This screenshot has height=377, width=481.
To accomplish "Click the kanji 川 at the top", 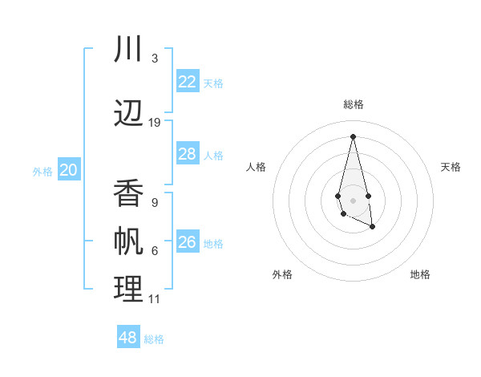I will pyautogui.click(x=128, y=49).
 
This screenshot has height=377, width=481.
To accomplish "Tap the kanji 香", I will pyautogui.click(x=128, y=193).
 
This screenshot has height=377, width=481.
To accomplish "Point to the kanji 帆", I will pyautogui.click(x=128, y=241).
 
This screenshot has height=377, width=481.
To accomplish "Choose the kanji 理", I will pyautogui.click(x=128, y=290).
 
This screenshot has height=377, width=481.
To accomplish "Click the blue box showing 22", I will pyautogui.click(x=188, y=82).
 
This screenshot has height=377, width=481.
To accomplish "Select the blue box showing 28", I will pyautogui.click(x=188, y=154).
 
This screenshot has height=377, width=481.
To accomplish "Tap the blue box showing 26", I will pyautogui.click(x=188, y=242).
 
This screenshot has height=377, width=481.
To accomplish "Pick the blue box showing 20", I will pyautogui.click(x=69, y=170).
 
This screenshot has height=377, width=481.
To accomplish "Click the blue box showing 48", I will pyautogui.click(x=128, y=338).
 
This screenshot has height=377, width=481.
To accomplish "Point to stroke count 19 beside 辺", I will pyautogui.click(x=155, y=123).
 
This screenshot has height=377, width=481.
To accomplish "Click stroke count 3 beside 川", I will pyautogui.click(x=155, y=59).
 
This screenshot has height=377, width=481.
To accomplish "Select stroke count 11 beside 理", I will pyautogui.click(x=155, y=299).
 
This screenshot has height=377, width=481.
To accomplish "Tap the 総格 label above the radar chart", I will pyautogui.click(x=354, y=104).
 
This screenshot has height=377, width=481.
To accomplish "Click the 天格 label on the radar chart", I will pyautogui.click(x=451, y=167).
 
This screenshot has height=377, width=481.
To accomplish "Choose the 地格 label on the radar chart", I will pyautogui.click(x=420, y=274).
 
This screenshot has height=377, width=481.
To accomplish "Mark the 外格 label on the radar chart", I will pyautogui.click(x=282, y=274).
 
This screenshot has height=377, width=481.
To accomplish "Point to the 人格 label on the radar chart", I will pyautogui.click(x=257, y=167).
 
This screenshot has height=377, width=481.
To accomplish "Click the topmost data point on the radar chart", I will pyautogui.click(x=353, y=136).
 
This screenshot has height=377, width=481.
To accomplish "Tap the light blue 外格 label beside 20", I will pyautogui.click(x=42, y=171).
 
